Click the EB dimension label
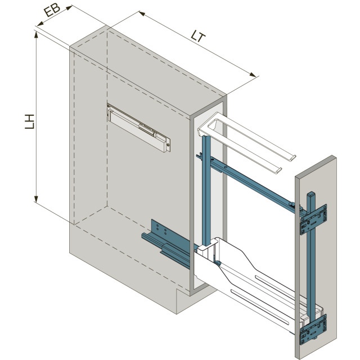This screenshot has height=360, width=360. tap(52, 11)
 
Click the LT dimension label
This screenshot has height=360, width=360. tap(198, 36)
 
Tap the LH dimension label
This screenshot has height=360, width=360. tap(30, 121)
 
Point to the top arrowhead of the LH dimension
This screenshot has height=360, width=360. tap(36, 34)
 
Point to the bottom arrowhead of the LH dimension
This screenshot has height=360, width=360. tap(36, 199)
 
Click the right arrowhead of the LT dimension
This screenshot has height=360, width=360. tap(253, 75)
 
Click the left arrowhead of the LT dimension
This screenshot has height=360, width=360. tap(142, 13)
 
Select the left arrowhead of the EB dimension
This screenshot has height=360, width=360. tap(40, 24)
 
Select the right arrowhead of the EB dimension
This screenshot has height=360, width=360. tap(69, 7)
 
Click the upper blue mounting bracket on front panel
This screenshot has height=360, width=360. tap(314, 219)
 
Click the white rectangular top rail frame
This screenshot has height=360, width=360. tap(247, 142)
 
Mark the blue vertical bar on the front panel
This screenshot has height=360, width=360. tap(312, 264)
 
